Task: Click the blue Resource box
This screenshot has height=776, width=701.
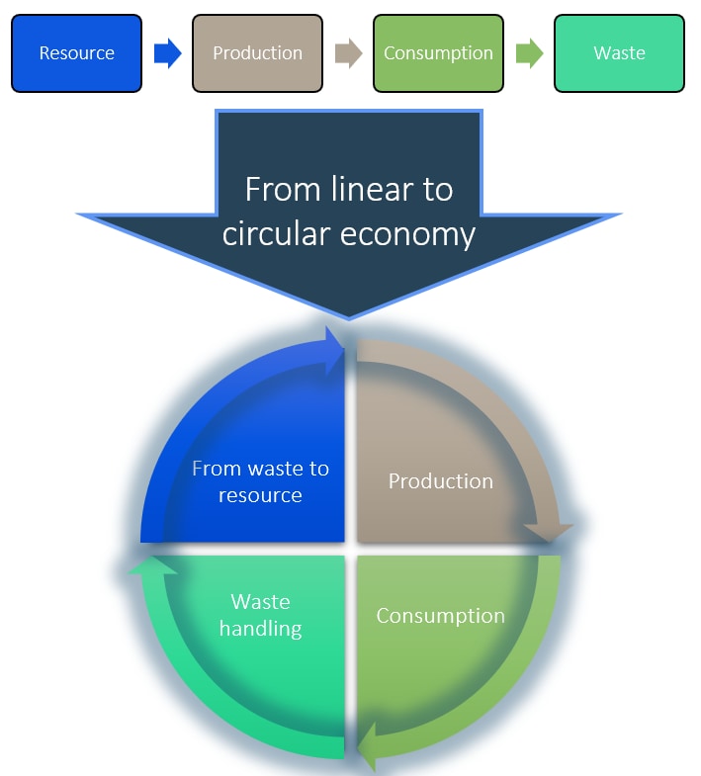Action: [x=76, y=53]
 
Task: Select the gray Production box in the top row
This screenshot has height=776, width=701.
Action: [x=257, y=53]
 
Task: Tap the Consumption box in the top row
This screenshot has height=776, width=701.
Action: [x=438, y=53]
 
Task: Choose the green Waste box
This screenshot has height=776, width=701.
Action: [x=619, y=53]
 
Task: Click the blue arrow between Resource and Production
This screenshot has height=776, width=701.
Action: [x=168, y=53]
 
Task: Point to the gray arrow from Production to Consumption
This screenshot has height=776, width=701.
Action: [x=348, y=53]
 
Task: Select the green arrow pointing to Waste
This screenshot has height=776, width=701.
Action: [x=529, y=53]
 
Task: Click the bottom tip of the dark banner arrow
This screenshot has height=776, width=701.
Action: [x=349, y=315]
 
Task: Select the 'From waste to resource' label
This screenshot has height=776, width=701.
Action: [x=260, y=481]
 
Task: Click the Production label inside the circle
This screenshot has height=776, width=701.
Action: [x=440, y=481]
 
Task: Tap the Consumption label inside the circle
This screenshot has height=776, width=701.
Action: [x=440, y=616]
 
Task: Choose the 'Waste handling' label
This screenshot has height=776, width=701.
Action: [x=260, y=615]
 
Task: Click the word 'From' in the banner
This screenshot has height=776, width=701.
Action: [x=280, y=189]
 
